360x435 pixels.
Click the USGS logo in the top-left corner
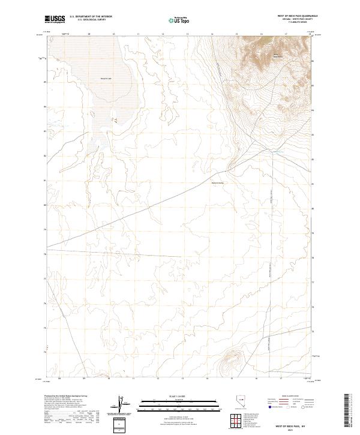pyautogui.click(x=55, y=19)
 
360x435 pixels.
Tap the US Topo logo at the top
pyautogui.click(x=180, y=19)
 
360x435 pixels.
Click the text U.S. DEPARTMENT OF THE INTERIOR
pyautogui.click(x=91, y=17)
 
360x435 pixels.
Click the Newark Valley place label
pyautogui.click(x=217, y=183)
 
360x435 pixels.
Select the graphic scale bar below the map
pyautogui.click(x=179, y=404)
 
